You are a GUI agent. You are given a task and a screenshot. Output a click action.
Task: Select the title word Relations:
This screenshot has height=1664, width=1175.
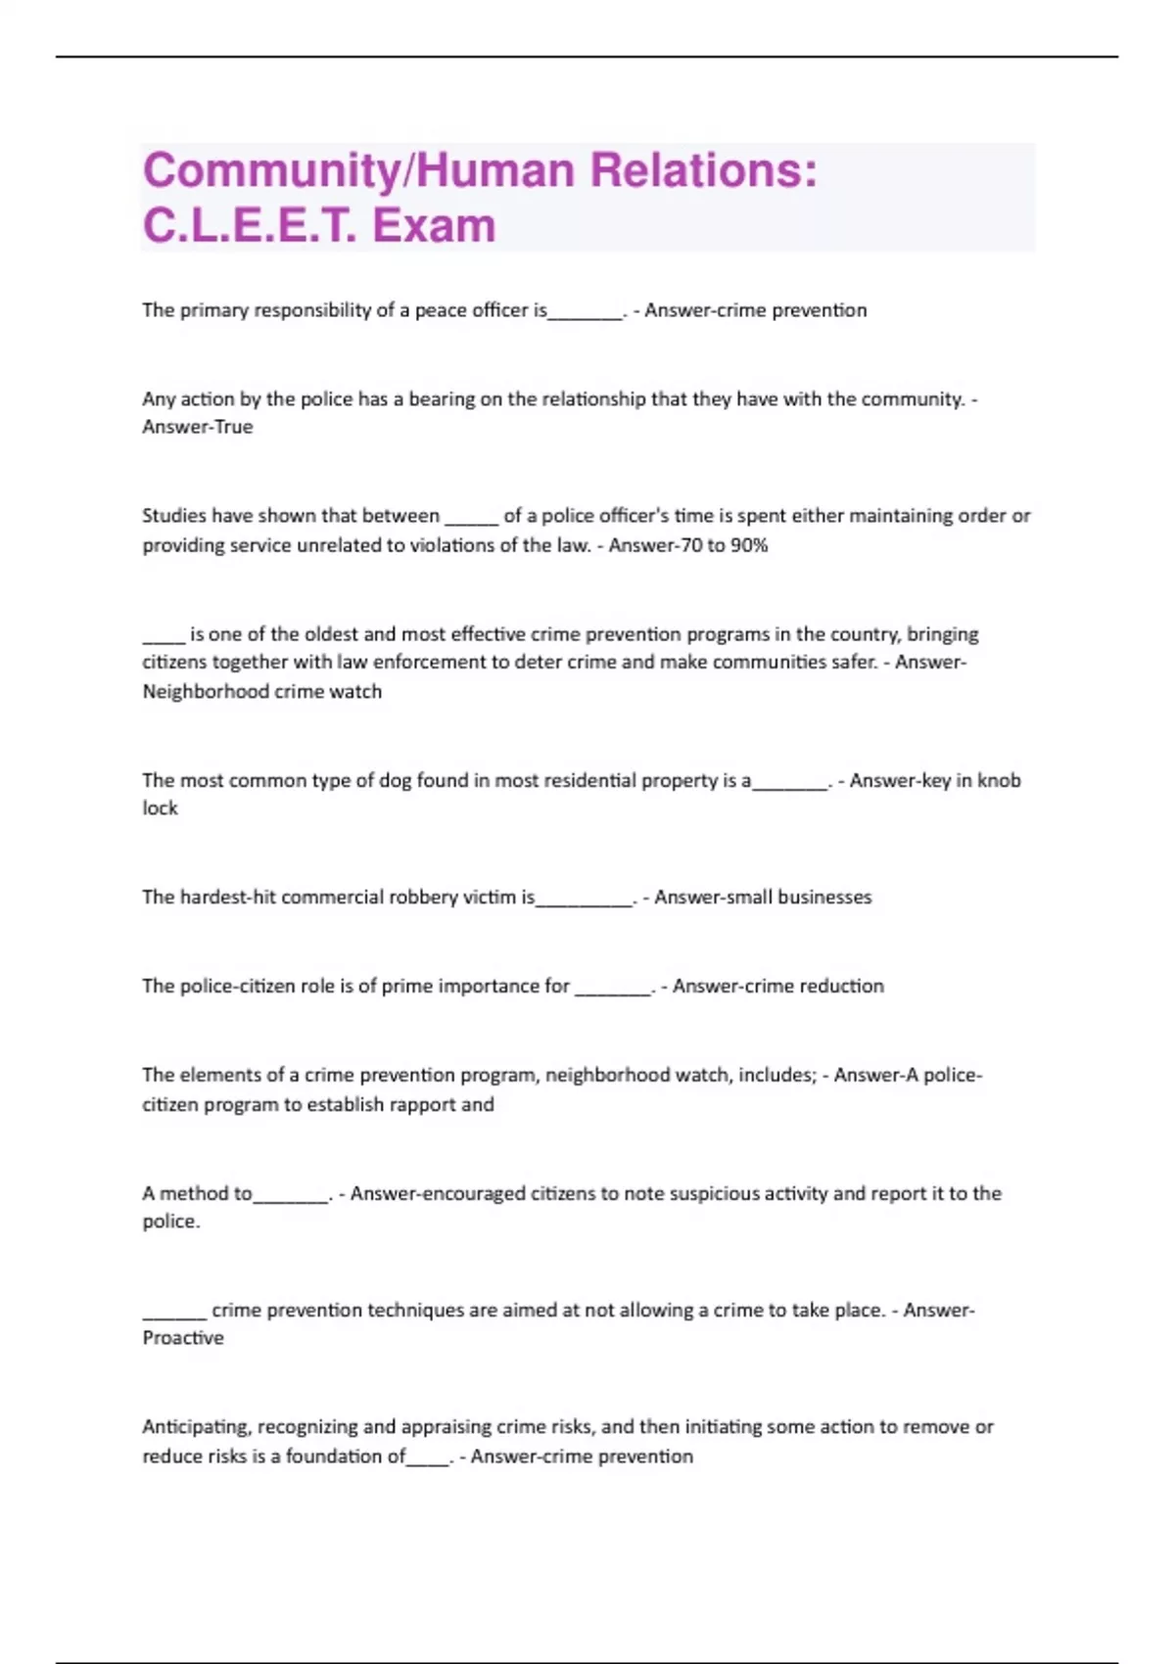[702, 171]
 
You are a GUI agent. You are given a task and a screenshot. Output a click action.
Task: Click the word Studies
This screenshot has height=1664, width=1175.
[173, 516]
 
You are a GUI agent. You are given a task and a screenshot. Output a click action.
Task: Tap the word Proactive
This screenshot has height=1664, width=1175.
[183, 1338]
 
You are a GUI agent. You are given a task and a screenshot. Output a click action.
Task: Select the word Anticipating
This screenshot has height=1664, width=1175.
[195, 1427]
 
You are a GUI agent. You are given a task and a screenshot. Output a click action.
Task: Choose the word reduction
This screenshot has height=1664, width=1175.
[841, 987]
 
